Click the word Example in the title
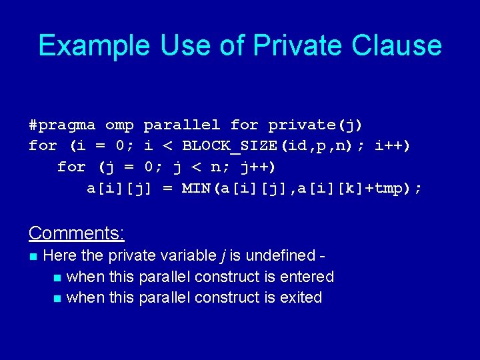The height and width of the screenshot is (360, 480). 94,46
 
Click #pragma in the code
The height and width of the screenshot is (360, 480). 62,125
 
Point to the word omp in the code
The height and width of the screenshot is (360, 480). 119,125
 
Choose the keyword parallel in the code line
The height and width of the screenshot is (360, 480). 181,125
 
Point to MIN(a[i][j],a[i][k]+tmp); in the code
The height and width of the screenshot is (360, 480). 302,189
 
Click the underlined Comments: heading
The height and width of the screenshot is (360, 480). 77,233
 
